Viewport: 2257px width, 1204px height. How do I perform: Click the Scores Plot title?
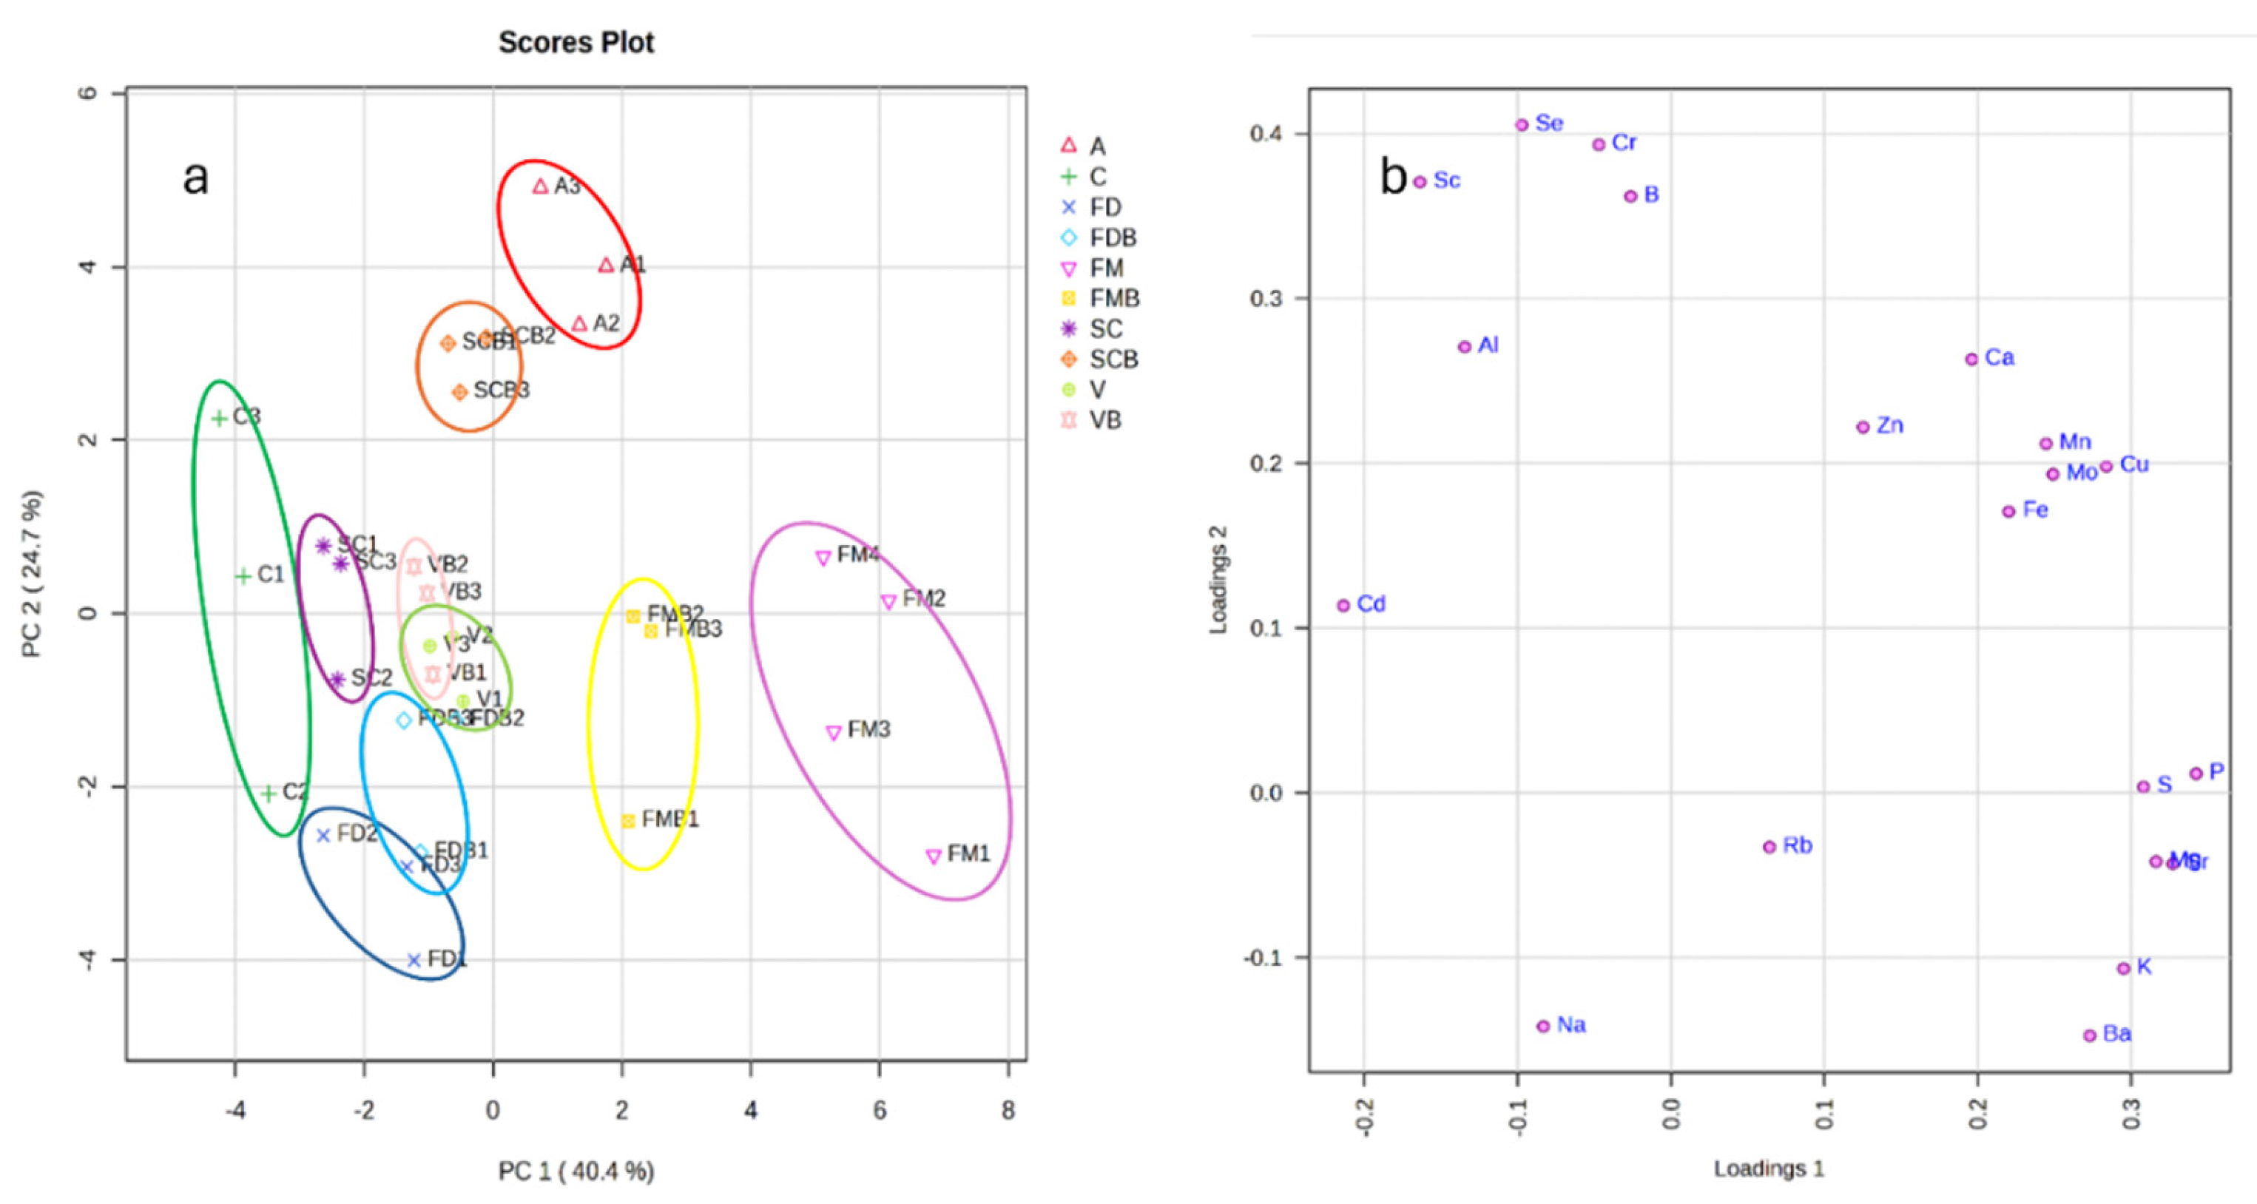coord(576,42)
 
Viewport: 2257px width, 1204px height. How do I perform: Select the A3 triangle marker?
coord(541,186)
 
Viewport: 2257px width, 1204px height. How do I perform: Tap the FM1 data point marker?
coord(933,856)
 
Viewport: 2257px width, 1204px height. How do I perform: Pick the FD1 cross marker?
coord(414,960)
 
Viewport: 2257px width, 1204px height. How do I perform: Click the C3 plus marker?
coord(220,419)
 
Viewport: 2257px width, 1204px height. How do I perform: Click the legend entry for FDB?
coord(1099,237)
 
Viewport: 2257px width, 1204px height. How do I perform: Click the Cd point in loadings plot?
coord(1343,605)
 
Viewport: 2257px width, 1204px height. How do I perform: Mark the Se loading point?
coord(1522,125)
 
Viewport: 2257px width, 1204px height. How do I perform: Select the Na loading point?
coord(1544,1027)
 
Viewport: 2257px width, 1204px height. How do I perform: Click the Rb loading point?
coord(1769,847)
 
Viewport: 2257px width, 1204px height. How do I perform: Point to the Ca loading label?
coord(2000,357)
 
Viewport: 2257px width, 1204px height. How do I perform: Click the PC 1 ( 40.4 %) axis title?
coord(576,1171)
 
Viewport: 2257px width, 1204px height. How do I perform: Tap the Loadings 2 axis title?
coord(1218,580)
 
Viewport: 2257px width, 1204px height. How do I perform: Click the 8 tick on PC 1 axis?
coord(1008,1110)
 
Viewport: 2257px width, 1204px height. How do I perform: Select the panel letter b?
coord(1393,177)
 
